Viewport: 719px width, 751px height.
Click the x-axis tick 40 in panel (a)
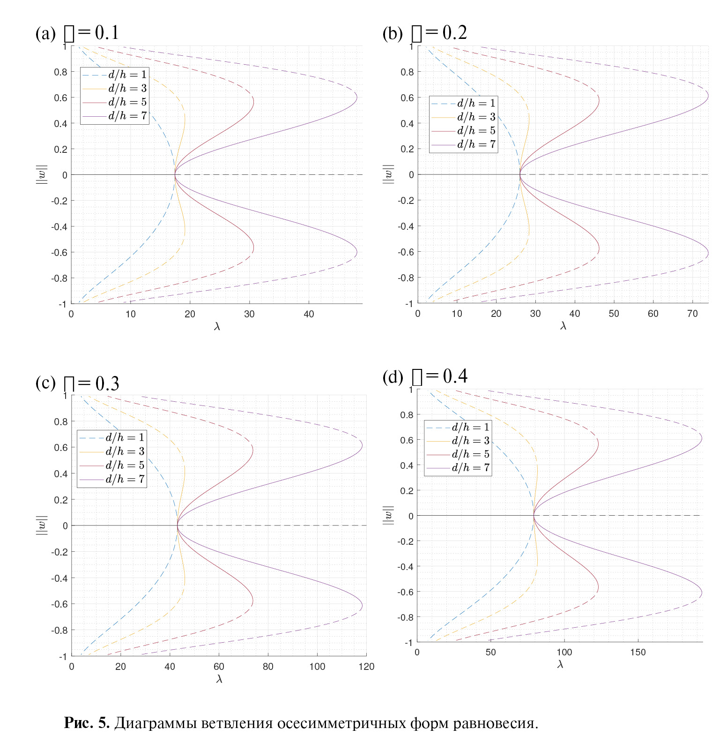coord(309,314)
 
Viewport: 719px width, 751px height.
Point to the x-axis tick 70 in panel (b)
coord(692,314)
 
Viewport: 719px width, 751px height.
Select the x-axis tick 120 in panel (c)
coord(366,667)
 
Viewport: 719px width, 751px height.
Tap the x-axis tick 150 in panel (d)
coord(638,652)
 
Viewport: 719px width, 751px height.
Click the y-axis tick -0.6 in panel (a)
coord(60,252)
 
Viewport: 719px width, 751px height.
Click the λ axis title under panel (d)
coord(560,664)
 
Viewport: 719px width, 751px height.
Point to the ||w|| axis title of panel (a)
coord(42,174)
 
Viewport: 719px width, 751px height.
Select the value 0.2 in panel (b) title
coord(454,32)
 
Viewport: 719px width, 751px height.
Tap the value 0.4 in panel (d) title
coord(455,376)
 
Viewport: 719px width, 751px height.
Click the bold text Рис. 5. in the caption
coord(87,723)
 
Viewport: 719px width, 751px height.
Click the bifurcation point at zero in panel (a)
coord(175,175)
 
